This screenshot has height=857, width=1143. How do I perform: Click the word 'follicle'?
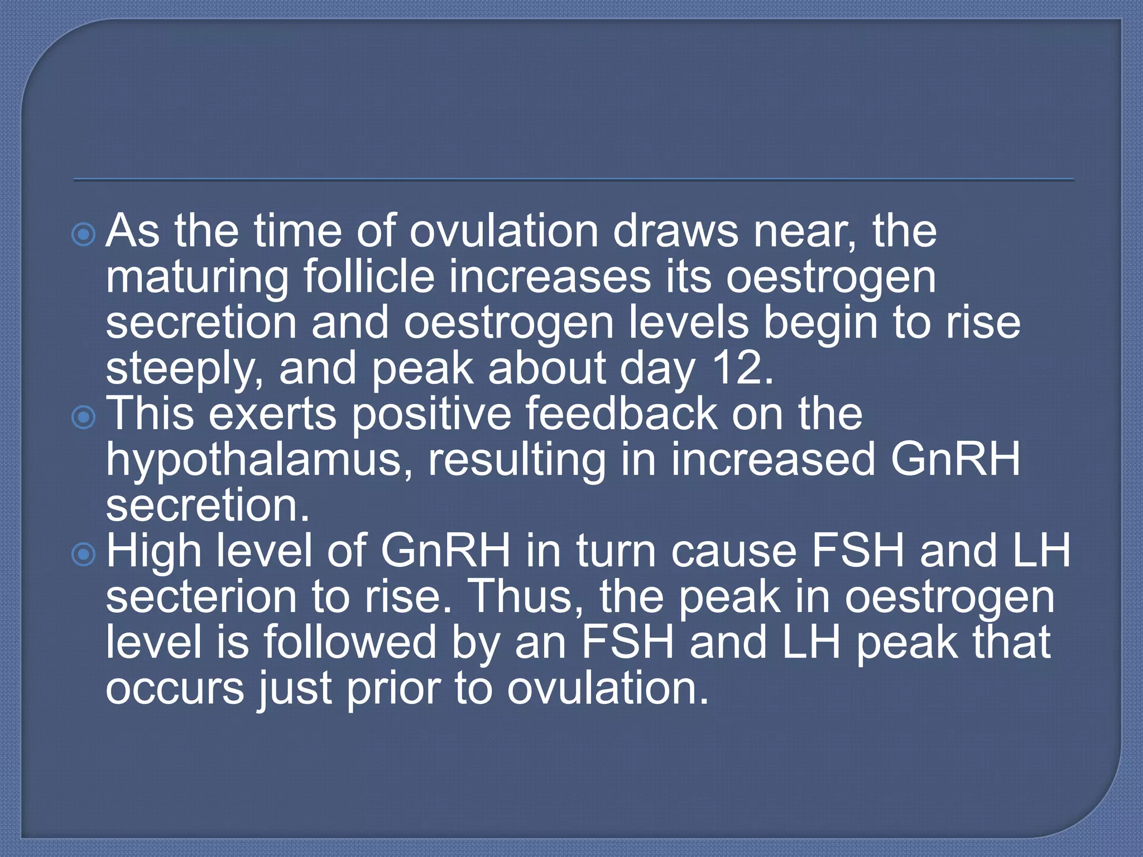click(x=368, y=277)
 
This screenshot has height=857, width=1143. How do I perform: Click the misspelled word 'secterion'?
click(x=201, y=597)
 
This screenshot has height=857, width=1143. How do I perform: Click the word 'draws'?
click(x=675, y=231)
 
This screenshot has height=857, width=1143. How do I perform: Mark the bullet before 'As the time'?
click(x=84, y=235)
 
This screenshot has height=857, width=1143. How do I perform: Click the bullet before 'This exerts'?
click(x=84, y=417)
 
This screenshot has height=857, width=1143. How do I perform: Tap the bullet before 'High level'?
click(x=84, y=554)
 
